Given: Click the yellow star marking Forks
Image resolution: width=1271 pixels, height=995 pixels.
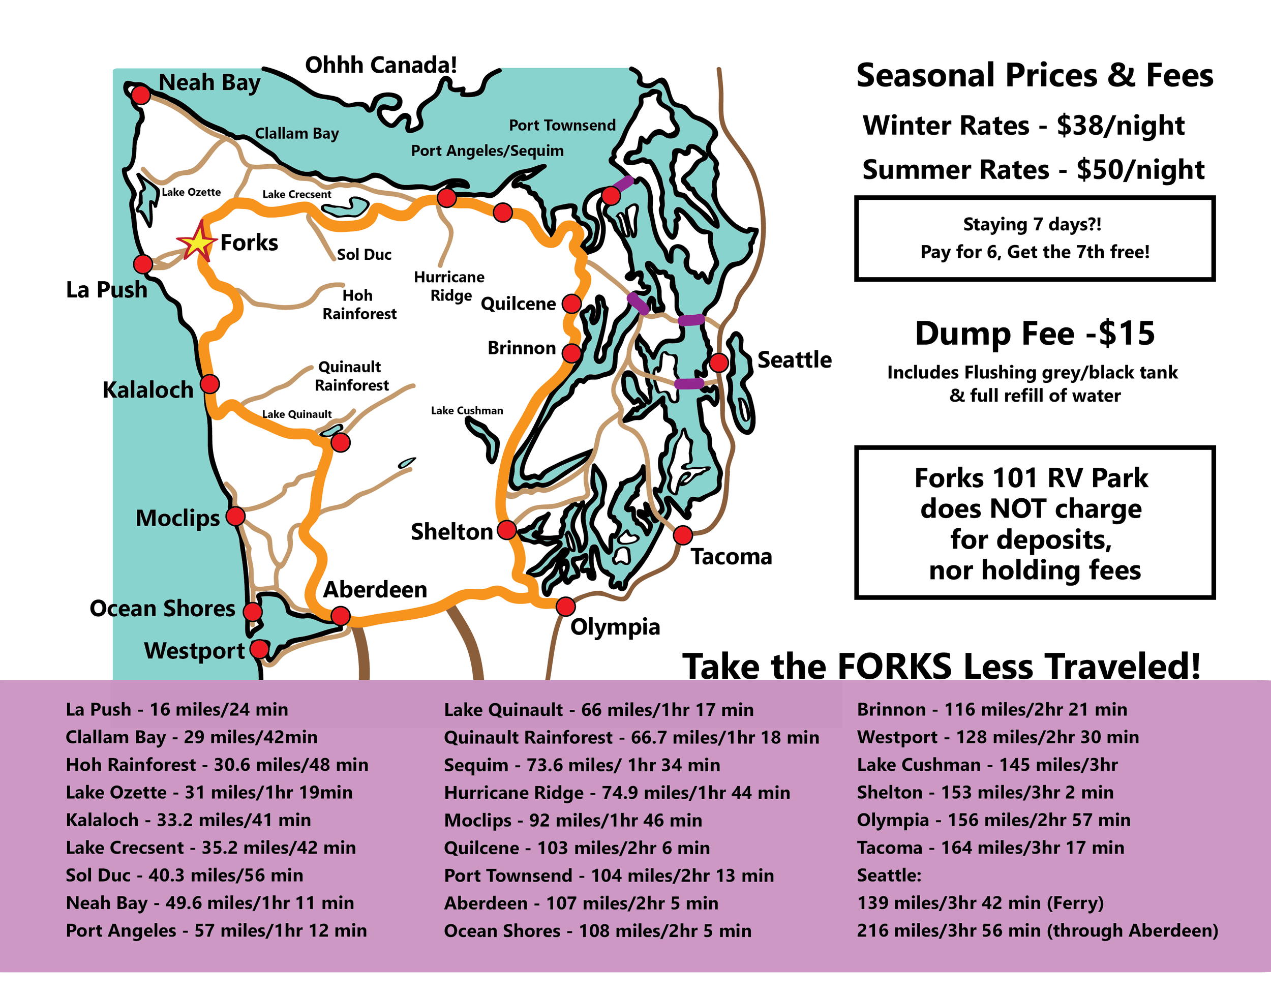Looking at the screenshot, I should [x=197, y=242].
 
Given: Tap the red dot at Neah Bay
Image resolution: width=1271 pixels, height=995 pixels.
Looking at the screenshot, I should [x=140, y=94].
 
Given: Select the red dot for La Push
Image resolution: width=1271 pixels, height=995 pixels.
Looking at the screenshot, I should [x=143, y=264].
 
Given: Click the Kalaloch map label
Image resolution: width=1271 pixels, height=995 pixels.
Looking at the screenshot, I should [x=147, y=390].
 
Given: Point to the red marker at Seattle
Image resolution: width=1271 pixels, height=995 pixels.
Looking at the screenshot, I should [x=719, y=363].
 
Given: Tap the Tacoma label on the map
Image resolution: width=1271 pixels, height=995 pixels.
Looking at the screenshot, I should [x=731, y=557].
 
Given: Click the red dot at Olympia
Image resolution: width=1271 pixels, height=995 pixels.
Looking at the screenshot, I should [x=565, y=607].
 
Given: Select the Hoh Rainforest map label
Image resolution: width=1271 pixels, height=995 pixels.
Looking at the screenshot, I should [x=359, y=304].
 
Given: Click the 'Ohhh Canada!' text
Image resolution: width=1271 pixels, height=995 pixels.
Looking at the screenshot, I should [x=381, y=65].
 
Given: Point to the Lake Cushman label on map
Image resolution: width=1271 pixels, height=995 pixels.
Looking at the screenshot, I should [x=467, y=411].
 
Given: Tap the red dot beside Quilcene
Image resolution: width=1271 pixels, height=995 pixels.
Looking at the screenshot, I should [x=571, y=303].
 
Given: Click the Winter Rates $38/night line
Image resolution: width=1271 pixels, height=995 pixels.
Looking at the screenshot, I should [x=1023, y=125].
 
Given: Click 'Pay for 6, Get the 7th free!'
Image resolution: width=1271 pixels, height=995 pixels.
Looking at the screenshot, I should [x=1035, y=252].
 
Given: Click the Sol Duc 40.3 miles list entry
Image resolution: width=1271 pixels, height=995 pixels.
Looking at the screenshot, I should [x=184, y=875].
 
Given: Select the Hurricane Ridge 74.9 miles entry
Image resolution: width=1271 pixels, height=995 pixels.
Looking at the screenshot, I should [x=616, y=792].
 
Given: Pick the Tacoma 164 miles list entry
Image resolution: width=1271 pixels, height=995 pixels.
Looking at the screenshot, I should [x=990, y=847].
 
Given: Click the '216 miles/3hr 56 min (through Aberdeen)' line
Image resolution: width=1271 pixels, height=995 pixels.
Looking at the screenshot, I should [x=1037, y=930].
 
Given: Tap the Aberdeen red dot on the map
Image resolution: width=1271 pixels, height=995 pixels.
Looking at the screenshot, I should [x=340, y=615].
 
